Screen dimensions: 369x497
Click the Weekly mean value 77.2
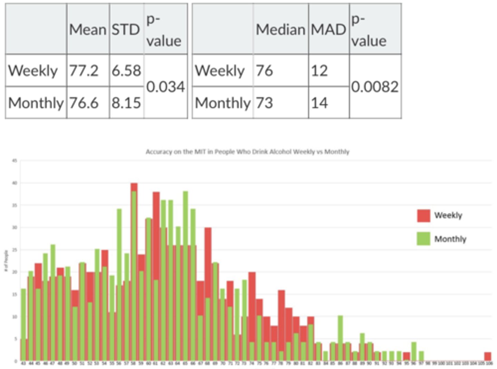pyautogui.click(x=84, y=71)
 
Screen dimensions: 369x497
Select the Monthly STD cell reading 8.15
pyautogui.click(x=126, y=103)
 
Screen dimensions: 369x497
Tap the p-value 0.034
pyautogui.click(x=165, y=87)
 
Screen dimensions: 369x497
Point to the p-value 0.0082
pyautogui.click(x=375, y=87)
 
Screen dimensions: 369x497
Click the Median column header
pyautogui.click(x=280, y=30)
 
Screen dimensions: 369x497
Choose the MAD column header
pyautogui.click(x=328, y=30)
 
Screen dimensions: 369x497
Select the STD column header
pyautogui.click(x=126, y=30)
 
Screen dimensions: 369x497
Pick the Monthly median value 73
pyautogui.click(x=264, y=103)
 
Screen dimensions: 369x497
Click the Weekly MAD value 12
pyautogui.click(x=319, y=71)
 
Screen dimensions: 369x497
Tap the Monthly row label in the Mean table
pyautogui.click(x=36, y=103)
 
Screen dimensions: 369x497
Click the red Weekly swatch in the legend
pyautogui.click(x=423, y=215)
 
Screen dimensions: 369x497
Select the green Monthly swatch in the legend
pyautogui.click(x=423, y=239)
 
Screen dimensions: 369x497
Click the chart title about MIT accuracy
pyautogui.click(x=247, y=152)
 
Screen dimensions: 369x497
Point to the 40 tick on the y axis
pyautogui.click(x=14, y=183)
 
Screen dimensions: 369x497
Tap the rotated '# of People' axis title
pyautogui.click(x=6, y=261)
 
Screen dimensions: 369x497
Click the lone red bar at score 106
pyautogui.click(x=487, y=356)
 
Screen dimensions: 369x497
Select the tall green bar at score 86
pyautogui.click(x=340, y=338)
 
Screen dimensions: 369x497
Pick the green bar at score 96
pyautogui.click(x=414, y=351)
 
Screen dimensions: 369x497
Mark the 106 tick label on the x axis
pyautogui.click(x=488, y=363)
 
